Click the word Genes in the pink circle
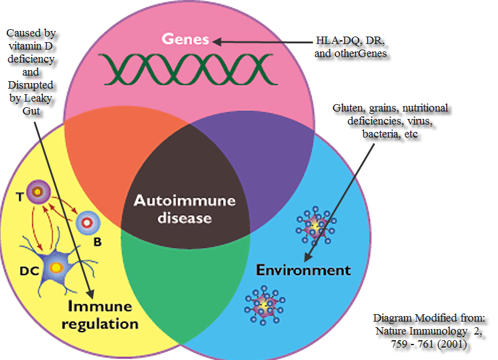point(186,39)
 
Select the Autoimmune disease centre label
point(176,209)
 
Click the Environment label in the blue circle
point(303,270)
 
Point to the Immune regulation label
point(100,315)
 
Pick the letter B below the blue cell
point(97,242)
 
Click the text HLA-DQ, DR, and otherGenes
point(351,47)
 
